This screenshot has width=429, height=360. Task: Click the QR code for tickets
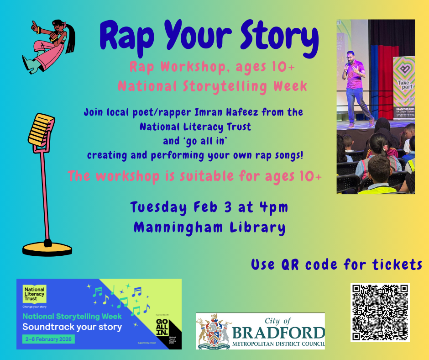point(380,312)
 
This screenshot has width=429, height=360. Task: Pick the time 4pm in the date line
point(275,207)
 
